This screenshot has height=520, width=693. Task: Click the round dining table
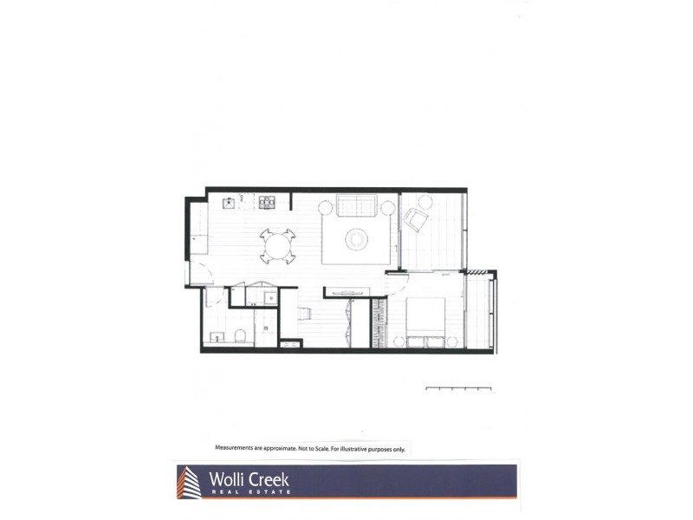tap(278, 247)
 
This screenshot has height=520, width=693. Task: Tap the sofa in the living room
tap(356, 206)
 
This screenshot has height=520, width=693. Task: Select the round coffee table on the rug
tap(356, 238)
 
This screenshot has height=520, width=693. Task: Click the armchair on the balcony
tap(416, 220)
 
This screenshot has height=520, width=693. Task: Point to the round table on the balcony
tap(424, 202)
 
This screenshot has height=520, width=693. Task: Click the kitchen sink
tap(229, 203)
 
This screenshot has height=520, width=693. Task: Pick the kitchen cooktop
tap(267, 203)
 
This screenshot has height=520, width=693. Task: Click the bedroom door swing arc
tap(394, 283)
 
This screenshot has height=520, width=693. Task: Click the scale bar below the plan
tap(458, 389)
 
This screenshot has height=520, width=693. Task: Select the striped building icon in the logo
tap(188, 483)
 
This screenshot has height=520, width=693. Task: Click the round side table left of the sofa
tap(325, 207)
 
